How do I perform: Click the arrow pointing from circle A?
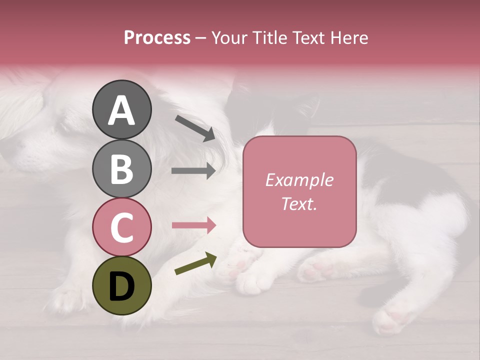[195, 127]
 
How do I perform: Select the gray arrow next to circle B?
[193, 171]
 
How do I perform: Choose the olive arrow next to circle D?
[195, 263]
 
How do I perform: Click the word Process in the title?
[157, 37]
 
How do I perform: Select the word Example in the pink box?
[299, 180]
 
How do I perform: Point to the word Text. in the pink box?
[299, 203]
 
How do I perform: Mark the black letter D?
[121, 286]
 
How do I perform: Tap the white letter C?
[121, 228]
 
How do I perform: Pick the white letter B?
[121, 169]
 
